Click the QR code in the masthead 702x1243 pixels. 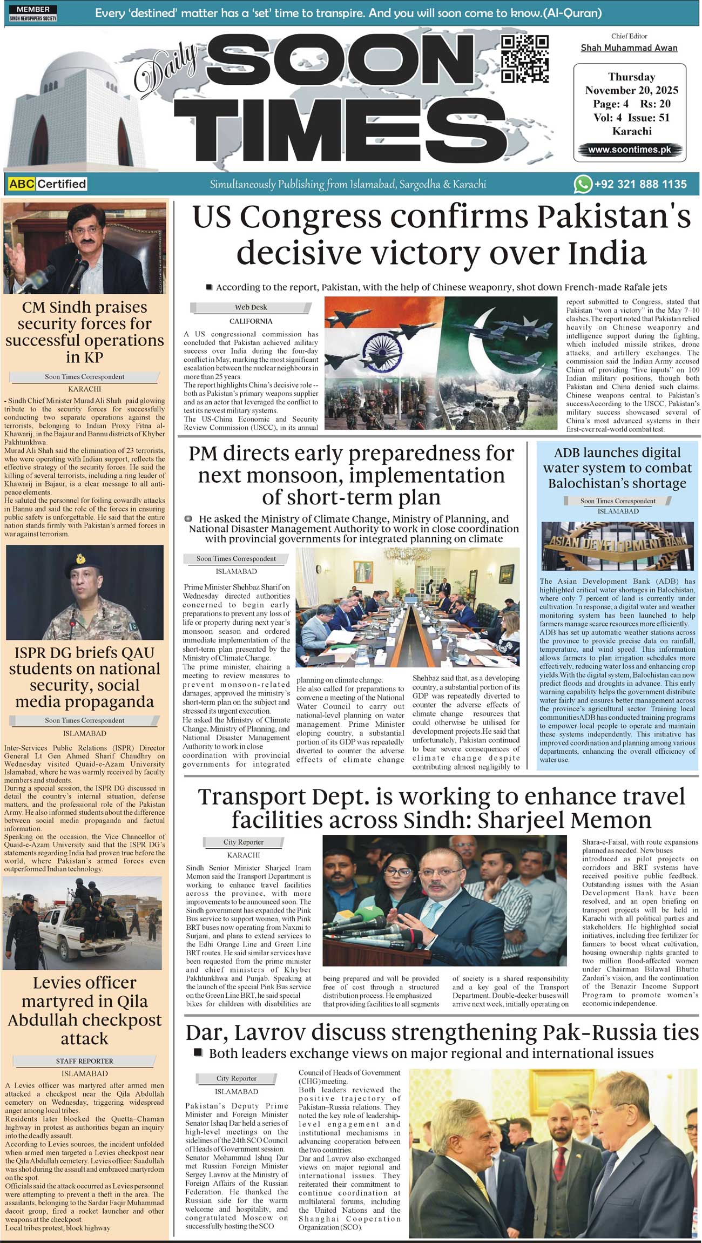[525, 58]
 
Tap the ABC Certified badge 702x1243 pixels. [48, 184]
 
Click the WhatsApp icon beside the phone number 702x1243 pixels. [583, 184]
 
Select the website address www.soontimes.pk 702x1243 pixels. [630, 150]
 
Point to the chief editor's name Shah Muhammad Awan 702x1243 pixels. [629, 48]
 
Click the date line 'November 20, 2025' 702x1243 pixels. [631, 90]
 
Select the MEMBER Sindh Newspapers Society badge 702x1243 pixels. [33, 13]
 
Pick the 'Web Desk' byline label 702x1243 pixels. [251, 307]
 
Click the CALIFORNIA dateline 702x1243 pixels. [251, 321]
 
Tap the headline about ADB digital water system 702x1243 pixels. [617, 468]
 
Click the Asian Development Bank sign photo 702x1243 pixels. [617, 546]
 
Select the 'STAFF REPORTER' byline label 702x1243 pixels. [84, 1061]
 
